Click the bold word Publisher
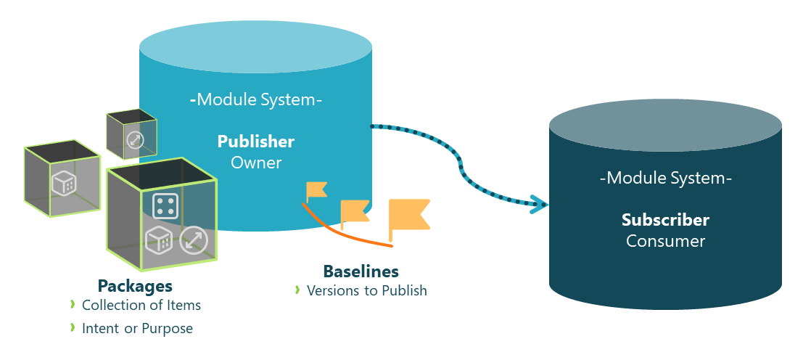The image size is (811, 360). click(255, 141)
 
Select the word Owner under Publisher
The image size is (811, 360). click(255, 163)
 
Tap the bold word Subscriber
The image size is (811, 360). click(665, 219)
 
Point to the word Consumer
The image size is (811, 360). click(665, 241)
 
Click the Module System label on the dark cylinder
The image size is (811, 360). click(665, 178)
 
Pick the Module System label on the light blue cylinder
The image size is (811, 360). click(255, 99)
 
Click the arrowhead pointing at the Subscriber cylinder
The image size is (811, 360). click(538, 204)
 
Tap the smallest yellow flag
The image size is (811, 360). click(316, 191)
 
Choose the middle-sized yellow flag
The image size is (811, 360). click(355, 211)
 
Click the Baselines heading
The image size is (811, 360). click(361, 271)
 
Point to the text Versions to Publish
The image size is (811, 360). click(366, 290)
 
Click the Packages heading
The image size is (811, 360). click(135, 285)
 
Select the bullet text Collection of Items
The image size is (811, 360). click(141, 305)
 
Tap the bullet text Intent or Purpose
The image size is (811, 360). click(137, 329)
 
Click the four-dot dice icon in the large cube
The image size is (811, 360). click(165, 206)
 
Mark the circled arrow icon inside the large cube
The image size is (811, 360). click(194, 240)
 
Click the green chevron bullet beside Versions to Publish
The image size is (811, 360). click(297, 290)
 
